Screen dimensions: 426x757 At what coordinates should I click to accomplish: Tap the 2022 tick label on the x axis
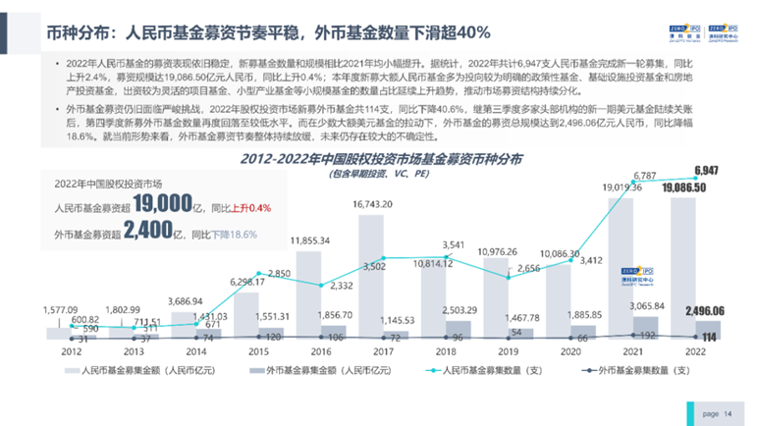(696, 350)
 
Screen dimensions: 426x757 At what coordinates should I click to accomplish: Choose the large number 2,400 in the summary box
(148, 233)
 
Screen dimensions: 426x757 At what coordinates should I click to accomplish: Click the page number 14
(727, 414)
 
